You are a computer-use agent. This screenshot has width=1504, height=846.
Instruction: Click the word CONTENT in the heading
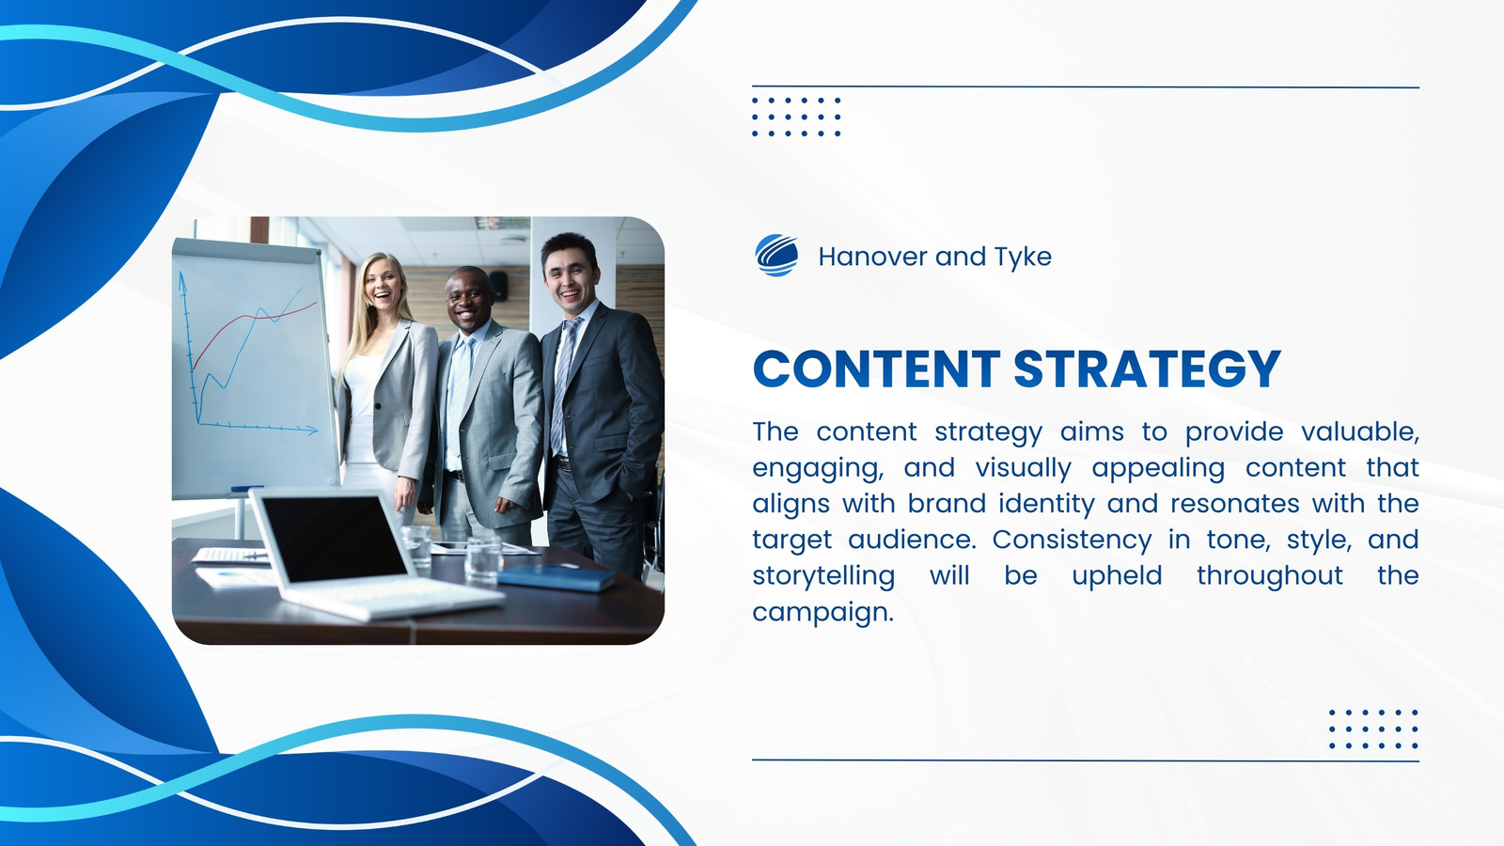[876, 368]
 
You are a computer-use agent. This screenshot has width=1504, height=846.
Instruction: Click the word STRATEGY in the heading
[1148, 368]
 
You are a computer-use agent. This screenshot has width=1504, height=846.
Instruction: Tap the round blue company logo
[776, 256]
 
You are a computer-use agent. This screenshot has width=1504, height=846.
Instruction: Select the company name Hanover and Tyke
[934, 257]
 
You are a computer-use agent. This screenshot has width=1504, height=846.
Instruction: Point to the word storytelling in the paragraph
[823, 576]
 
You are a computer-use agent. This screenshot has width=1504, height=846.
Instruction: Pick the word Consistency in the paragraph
[1072, 540]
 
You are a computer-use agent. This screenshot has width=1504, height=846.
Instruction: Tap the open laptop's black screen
[333, 540]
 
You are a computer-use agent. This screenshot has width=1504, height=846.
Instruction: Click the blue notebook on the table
[556, 577]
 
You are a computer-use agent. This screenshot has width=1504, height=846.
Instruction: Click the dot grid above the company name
[796, 117]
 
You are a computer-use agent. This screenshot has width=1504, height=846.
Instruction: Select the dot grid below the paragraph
[1373, 728]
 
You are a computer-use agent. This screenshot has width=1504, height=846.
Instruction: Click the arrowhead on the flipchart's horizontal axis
[312, 431]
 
